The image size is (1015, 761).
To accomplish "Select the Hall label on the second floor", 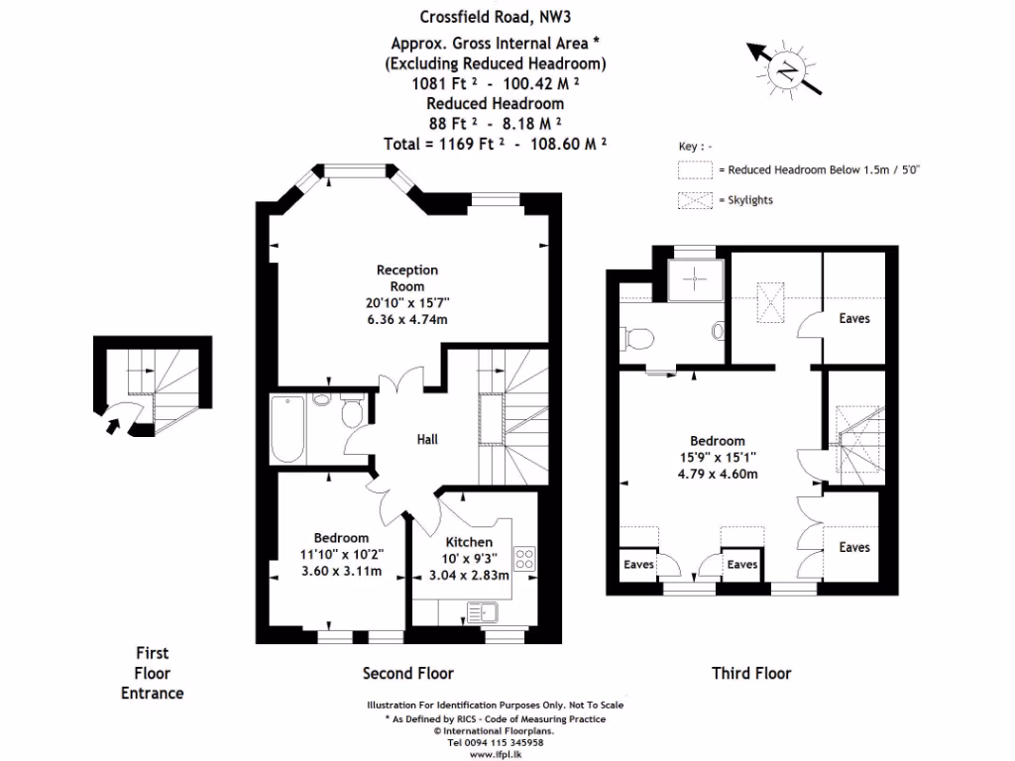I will click(x=426, y=439).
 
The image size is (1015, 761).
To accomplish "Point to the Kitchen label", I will click(x=468, y=542).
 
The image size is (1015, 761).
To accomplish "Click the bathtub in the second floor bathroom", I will click(x=288, y=429).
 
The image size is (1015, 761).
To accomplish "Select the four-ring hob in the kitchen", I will click(x=523, y=558).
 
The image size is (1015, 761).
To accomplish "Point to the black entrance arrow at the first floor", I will click(x=115, y=426).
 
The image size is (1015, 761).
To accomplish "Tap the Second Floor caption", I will click(x=407, y=674).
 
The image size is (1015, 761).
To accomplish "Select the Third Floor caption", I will click(x=751, y=674).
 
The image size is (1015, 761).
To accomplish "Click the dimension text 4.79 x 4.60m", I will click(x=717, y=474).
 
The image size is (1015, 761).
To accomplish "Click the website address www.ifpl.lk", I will click(x=495, y=753).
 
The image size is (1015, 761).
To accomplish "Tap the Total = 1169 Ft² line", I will click(x=495, y=143).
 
